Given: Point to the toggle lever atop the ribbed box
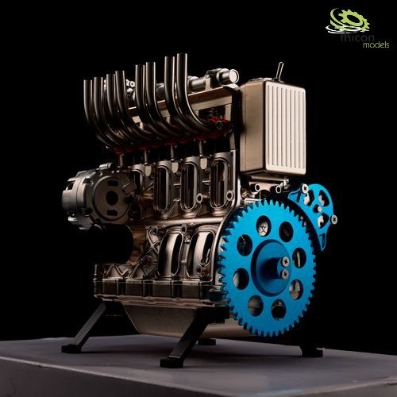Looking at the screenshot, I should (280, 71).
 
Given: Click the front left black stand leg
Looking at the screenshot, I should (87, 326).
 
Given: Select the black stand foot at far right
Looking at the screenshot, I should (309, 349).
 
